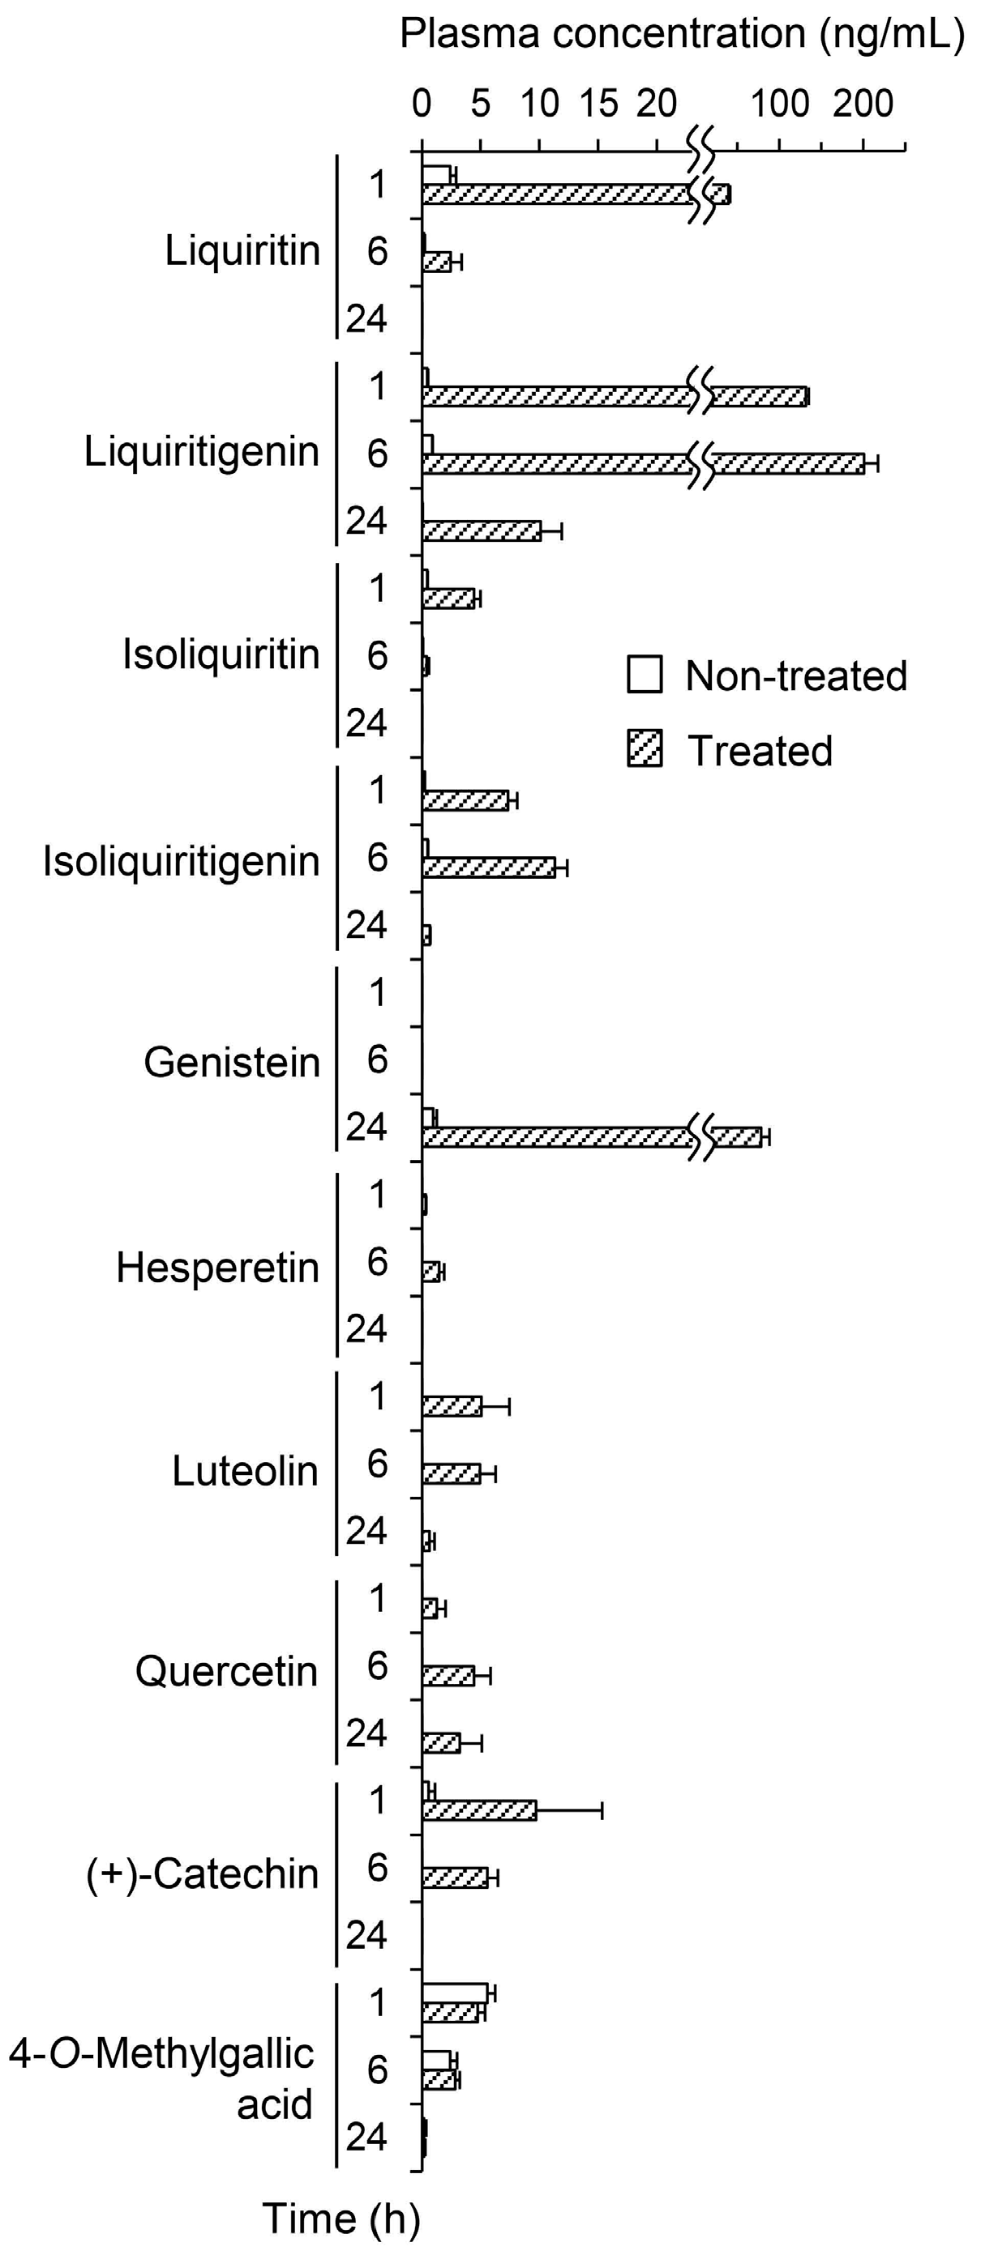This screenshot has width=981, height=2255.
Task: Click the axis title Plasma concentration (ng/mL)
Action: tap(682, 33)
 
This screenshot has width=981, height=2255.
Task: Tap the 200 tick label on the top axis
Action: tap(863, 104)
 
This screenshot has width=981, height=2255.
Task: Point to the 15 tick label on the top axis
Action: tap(598, 104)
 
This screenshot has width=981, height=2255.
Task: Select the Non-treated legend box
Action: tap(645, 676)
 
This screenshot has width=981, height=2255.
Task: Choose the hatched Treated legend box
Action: tap(645, 750)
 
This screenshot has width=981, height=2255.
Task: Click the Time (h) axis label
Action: tap(341, 2219)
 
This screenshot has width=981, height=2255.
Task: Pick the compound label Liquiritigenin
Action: tap(201, 453)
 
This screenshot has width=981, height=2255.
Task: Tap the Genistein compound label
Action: tap(231, 1063)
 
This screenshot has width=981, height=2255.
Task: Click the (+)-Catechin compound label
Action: tap(203, 1873)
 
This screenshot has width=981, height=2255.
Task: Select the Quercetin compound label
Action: tap(226, 1671)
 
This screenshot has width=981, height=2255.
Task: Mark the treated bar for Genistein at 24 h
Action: tap(560, 1137)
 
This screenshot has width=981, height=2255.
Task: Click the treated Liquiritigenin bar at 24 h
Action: tap(481, 531)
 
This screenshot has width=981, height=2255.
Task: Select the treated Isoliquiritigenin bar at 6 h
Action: tap(488, 867)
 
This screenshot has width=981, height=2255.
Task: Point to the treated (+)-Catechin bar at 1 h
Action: tap(479, 1810)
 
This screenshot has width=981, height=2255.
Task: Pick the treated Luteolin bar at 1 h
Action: tap(452, 1406)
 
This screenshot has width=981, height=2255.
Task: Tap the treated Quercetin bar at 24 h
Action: tap(440, 1743)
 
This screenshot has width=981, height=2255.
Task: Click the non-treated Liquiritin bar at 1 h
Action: tap(436, 174)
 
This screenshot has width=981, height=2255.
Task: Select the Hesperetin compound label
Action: tap(217, 1268)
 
